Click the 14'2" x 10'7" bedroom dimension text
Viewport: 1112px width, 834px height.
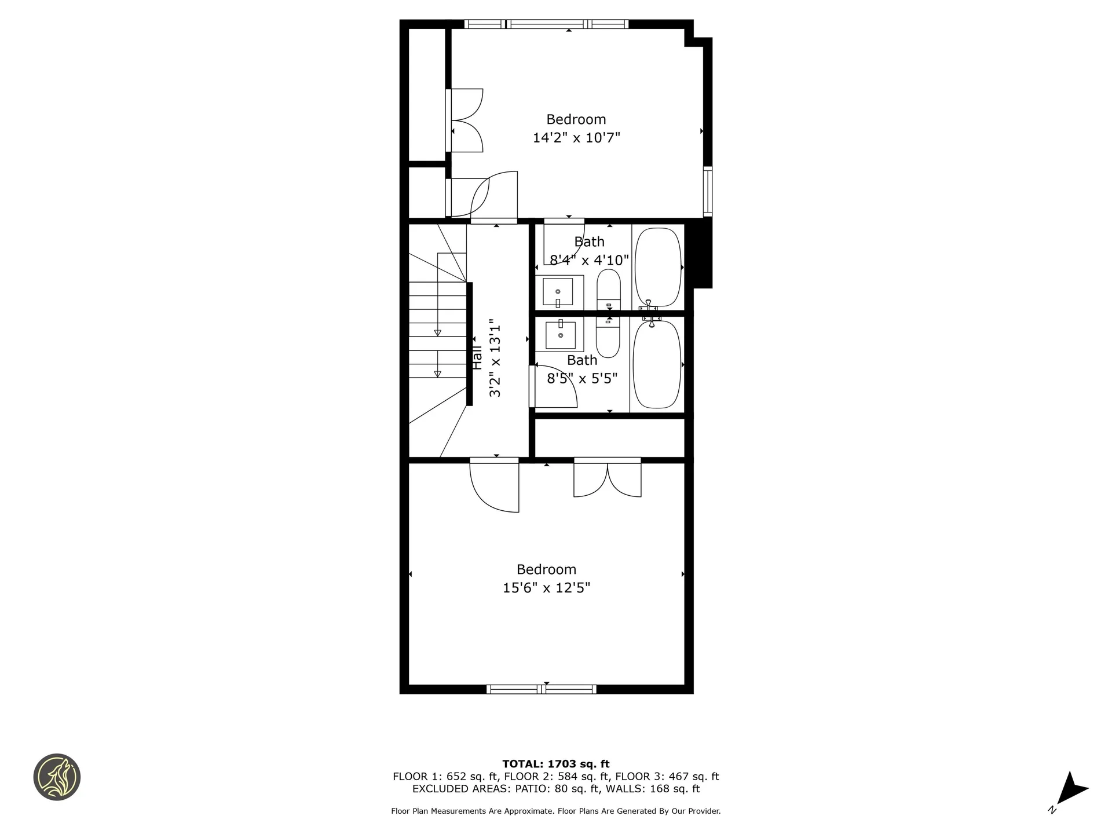point(576,138)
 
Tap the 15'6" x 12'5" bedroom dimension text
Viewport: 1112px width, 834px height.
point(546,588)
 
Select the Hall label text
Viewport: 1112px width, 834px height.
point(477,358)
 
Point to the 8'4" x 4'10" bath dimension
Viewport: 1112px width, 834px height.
point(589,260)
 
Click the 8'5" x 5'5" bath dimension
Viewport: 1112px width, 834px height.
point(582,379)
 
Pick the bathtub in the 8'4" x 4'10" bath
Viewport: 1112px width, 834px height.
point(658,267)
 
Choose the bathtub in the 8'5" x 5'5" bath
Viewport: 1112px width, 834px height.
point(657,364)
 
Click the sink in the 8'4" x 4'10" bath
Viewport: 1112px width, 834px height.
point(558,291)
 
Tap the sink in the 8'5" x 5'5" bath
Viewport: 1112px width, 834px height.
point(560,335)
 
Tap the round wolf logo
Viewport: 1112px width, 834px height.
point(57,777)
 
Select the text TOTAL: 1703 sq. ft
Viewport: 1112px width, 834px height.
point(555,764)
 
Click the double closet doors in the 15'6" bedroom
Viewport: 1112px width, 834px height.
point(608,478)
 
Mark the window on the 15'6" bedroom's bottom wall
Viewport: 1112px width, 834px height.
point(542,689)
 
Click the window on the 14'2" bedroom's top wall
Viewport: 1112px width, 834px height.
point(546,24)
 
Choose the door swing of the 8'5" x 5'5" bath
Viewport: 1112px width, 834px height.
point(555,386)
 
